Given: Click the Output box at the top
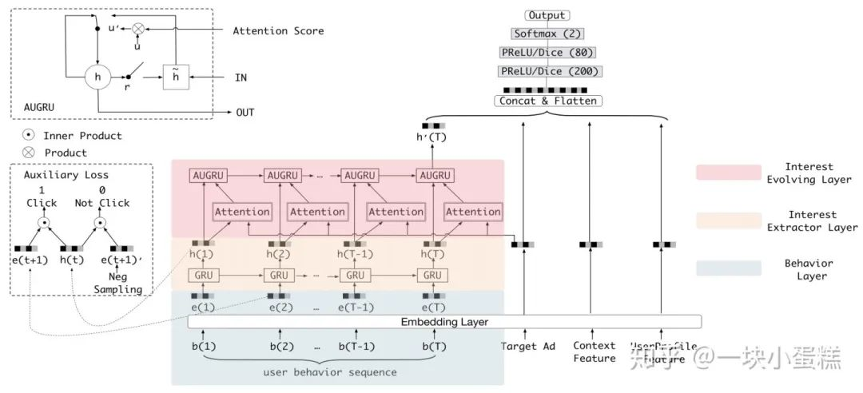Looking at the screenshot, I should point(547,15).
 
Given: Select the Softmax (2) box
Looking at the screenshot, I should point(547,34).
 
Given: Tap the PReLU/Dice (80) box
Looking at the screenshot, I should point(547,53).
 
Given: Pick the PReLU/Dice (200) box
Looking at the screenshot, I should point(547,71).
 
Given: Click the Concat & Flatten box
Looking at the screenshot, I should point(547,101).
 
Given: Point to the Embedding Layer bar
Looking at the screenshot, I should point(444,322).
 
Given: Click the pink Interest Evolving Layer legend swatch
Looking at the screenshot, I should point(728,173).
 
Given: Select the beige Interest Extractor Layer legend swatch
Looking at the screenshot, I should point(728,220).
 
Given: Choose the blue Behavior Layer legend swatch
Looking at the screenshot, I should point(728,268).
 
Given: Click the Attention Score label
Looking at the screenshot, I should point(278,31).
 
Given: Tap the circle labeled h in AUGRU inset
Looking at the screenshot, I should point(97,77).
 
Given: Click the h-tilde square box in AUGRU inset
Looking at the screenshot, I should point(175,77).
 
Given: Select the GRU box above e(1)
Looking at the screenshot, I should point(202,276).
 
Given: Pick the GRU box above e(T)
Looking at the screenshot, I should point(432,276).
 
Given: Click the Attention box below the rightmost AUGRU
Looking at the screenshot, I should point(472,212).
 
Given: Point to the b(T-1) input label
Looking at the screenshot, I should point(356,346).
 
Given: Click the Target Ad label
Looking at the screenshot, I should point(527,347).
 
